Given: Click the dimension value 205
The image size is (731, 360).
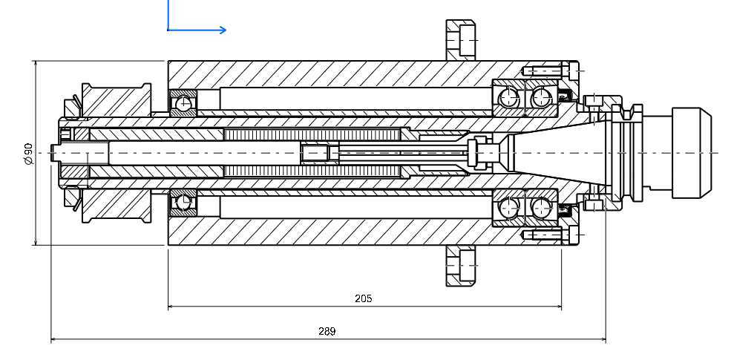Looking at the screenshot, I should tap(363, 298).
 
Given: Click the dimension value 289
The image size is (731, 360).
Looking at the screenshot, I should tap(327, 332).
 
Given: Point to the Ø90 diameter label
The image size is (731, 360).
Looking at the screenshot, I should tap(27, 153).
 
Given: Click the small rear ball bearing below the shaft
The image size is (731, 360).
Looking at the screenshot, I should tap(183, 202).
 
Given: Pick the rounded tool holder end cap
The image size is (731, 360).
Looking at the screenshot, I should tap(690, 153).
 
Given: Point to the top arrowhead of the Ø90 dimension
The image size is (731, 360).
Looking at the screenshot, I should tap(36, 65).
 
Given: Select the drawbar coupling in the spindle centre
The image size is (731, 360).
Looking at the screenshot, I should tap(315, 152).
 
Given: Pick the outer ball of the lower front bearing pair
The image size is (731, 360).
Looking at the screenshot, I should tap(542, 209).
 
